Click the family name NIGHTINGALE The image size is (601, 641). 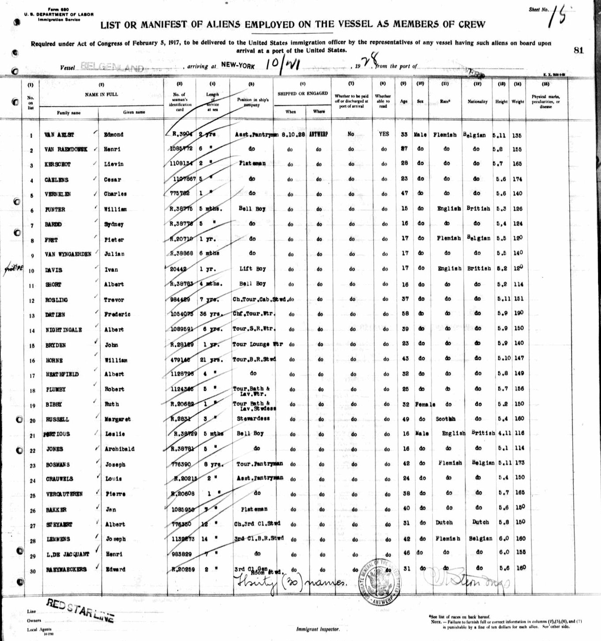pyautogui.click(x=64, y=330)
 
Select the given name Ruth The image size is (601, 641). pyautogui.click(x=112, y=404)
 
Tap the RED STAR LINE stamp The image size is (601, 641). pyautogui.click(x=80, y=611)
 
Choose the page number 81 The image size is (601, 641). pyautogui.click(x=578, y=50)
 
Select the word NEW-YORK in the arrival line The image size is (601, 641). pyautogui.click(x=238, y=65)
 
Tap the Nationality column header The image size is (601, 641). pyautogui.click(x=477, y=101)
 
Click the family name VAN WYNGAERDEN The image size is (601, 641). pyautogui.click(x=68, y=254)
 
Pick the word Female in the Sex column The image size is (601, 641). pyautogui.click(x=425, y=404)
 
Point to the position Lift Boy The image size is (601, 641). pyautogui.click(x=252, y=269)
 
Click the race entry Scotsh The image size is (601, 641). pyautogui.click(x=445, y=419)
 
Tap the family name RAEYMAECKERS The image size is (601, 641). pyautogui.click(x=66, y=570)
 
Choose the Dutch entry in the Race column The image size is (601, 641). pyautogui.click(x=444, y=522)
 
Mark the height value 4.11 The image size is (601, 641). pyautogui.click(x=501, y=434)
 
